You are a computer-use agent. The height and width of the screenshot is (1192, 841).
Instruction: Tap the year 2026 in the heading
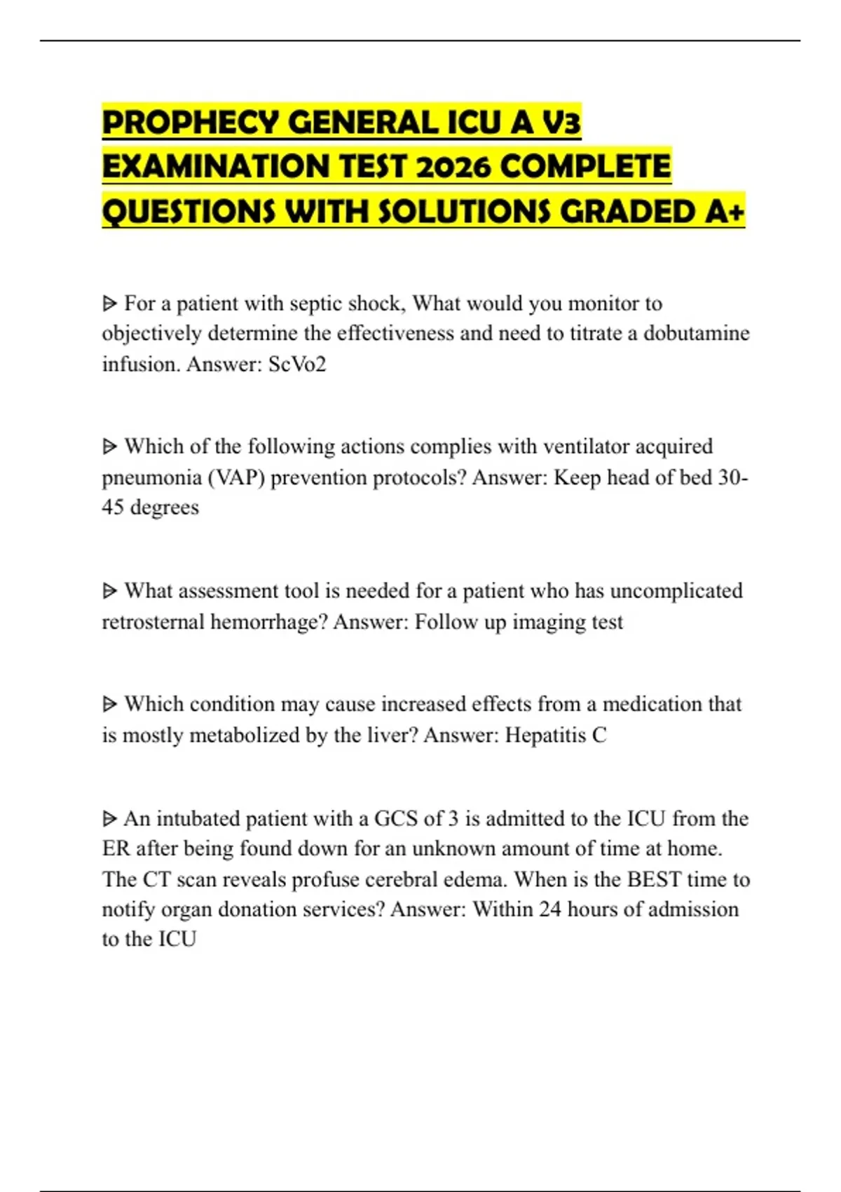point(455,167)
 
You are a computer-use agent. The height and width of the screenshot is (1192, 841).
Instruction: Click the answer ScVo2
point(297,364)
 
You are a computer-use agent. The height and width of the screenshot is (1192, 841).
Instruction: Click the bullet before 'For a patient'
point(110,304)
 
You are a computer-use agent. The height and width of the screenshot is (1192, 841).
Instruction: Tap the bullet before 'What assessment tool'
point(110,591)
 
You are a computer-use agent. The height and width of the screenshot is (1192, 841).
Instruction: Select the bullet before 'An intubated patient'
point(110,818)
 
